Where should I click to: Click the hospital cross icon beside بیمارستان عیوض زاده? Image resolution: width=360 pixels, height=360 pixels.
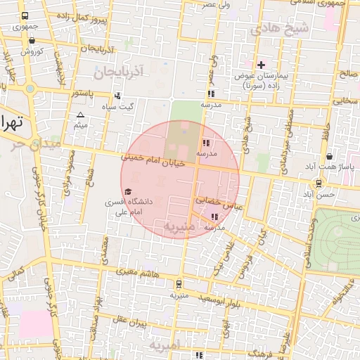[261, 65]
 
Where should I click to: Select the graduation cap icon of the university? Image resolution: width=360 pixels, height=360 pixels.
[127, 191]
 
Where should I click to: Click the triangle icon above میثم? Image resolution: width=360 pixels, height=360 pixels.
[80, 115]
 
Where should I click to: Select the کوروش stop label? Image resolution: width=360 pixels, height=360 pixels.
[32, 51]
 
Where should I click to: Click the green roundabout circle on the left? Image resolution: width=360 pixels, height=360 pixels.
[30, 89]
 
